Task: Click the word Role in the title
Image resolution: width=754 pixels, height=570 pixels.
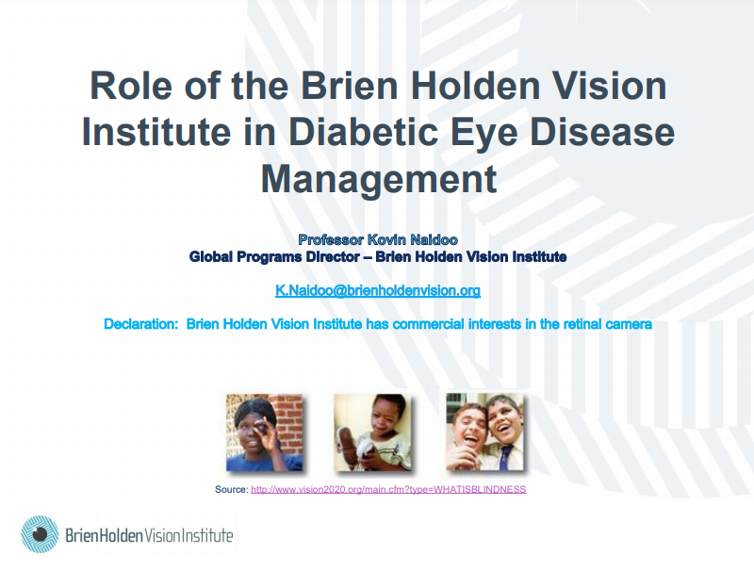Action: point(131,86)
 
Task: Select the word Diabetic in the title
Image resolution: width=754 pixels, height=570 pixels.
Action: point(364,132)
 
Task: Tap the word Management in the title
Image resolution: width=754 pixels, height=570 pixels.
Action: point(379,180)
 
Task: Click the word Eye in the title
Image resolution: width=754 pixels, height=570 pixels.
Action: point(484,135)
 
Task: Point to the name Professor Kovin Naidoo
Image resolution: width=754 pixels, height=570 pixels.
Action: point(378,239)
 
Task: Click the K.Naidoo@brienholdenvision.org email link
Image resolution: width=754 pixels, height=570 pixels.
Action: point(378,290)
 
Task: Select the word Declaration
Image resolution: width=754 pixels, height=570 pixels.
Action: point(140,324)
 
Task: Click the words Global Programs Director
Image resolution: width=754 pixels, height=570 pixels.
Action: point(274,256)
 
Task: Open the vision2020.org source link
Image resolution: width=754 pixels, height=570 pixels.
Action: point(388,489)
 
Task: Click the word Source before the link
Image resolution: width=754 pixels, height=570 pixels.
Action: point(231,489)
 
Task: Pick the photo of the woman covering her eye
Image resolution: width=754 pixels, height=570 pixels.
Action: point(265,432)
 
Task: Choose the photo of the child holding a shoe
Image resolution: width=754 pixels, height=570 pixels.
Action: point(372,432)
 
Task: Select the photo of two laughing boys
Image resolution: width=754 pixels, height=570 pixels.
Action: point(484,432)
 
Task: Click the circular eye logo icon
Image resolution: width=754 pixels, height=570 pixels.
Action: point(40,534)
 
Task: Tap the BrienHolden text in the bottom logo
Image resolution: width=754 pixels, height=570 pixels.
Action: point(105,535)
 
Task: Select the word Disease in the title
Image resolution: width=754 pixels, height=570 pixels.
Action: point(602,132)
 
